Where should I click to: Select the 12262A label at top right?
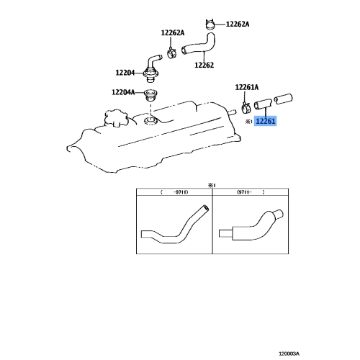click(237, 24)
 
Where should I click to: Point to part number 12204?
click(125, 72)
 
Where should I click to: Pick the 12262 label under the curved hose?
click(205, 65)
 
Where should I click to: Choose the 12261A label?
click(247, 87)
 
